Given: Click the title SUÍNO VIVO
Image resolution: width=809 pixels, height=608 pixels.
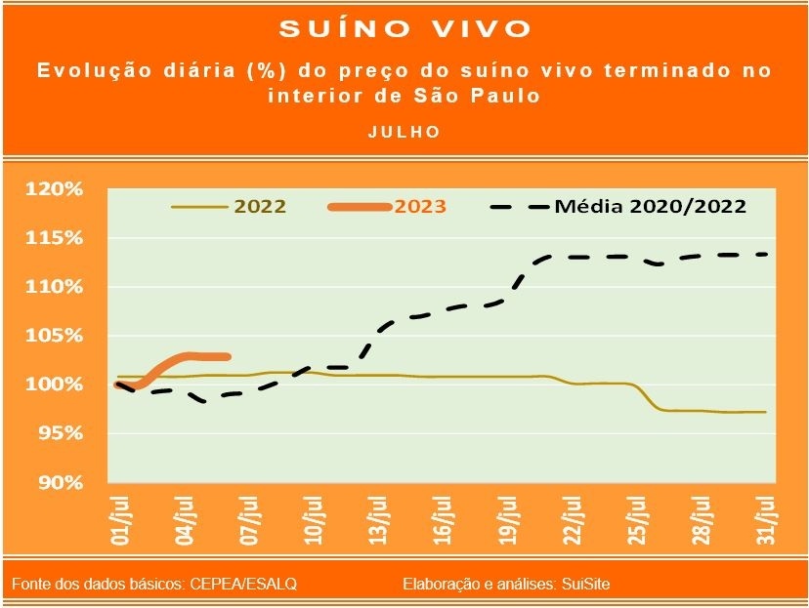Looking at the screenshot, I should point(404,28).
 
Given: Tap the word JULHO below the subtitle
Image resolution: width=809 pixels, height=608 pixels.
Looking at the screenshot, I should point(404,131).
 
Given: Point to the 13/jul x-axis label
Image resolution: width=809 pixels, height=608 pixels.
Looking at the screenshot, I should point(377,521).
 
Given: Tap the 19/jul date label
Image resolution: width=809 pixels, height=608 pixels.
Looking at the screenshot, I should point(505,521).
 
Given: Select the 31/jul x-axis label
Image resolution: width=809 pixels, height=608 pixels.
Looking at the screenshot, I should point(767,521).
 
